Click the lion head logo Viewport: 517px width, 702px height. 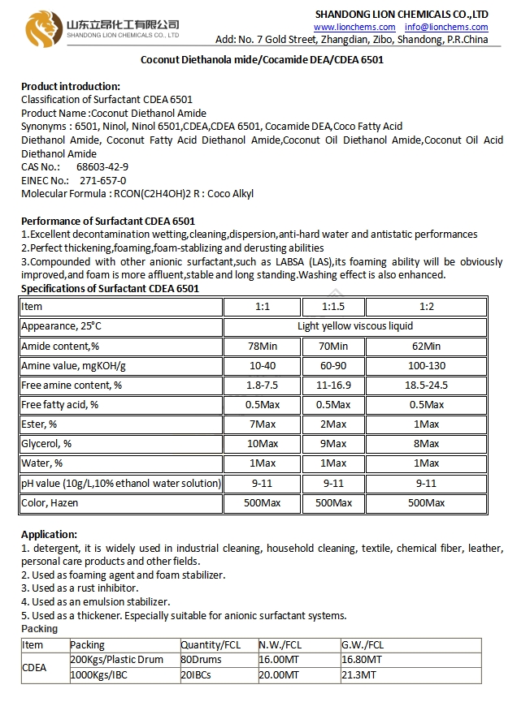pyautogui.click(x=41, y=28)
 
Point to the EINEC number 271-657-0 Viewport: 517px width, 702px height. pyautogui.click(x=102, y=180)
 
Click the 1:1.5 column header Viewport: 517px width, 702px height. pyautogui.click(x=333, y=307)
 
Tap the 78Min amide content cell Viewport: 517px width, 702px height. pyautogui.click(x=262, y=346)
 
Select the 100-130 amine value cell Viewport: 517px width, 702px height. pyautogui.click(x=426, y=365)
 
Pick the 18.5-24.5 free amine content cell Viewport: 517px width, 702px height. pyautogui.click(x=426, y=385)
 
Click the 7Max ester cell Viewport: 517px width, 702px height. pyautogui.click(x=262, y=424)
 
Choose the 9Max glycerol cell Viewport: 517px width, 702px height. pyautogui.click(x=333, y=444)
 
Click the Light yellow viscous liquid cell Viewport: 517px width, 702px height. pyautogui.click(x=355, y=326)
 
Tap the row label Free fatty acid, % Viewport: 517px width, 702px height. pyautogui.click(x=60, y=404)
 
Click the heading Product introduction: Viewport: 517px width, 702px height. pyautogui.click(x=71, y=87)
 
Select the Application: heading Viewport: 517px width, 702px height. pyautogui.click(x=50, y=534)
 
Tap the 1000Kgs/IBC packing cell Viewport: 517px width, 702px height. pyautogui.click(x=102, y=674)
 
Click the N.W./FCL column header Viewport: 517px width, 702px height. pyautogui.click(x=281, y=645)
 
